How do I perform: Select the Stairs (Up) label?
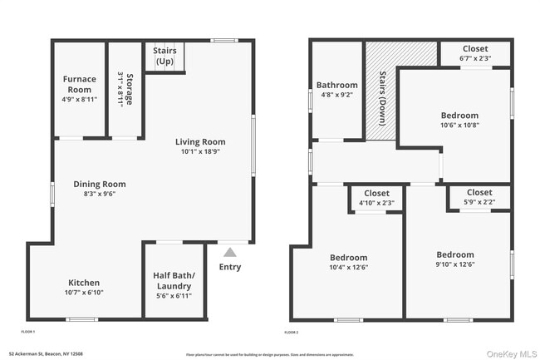(164, 56)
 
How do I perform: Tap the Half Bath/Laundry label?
(174, 280)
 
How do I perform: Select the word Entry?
(230, 267)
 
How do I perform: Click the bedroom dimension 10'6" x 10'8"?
(459, 126)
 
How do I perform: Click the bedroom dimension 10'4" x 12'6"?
(348, 267)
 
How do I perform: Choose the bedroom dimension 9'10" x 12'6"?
(454, 264)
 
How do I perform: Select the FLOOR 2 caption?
(292, 332)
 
